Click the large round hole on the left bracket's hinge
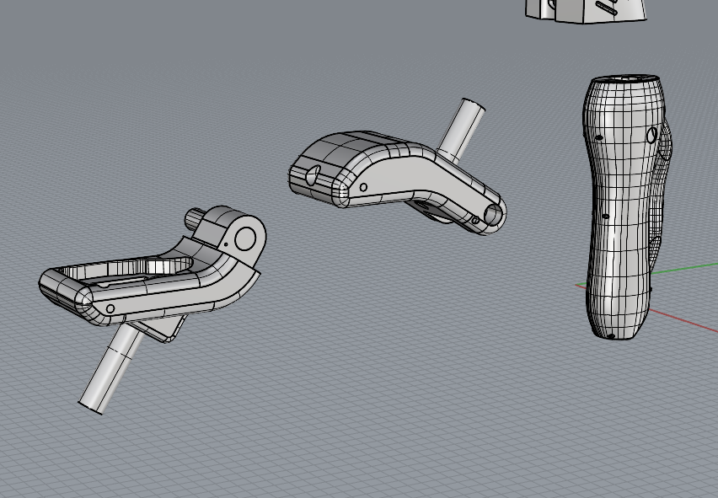coord(245,238)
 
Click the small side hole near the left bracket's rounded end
coord(110,309)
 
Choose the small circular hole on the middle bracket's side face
coord(363,188)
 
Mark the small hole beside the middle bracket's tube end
coord(474,221)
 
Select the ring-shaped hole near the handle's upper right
coord(651,134)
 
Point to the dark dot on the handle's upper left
coord(598,137)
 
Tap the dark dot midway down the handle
coord(605,217)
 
